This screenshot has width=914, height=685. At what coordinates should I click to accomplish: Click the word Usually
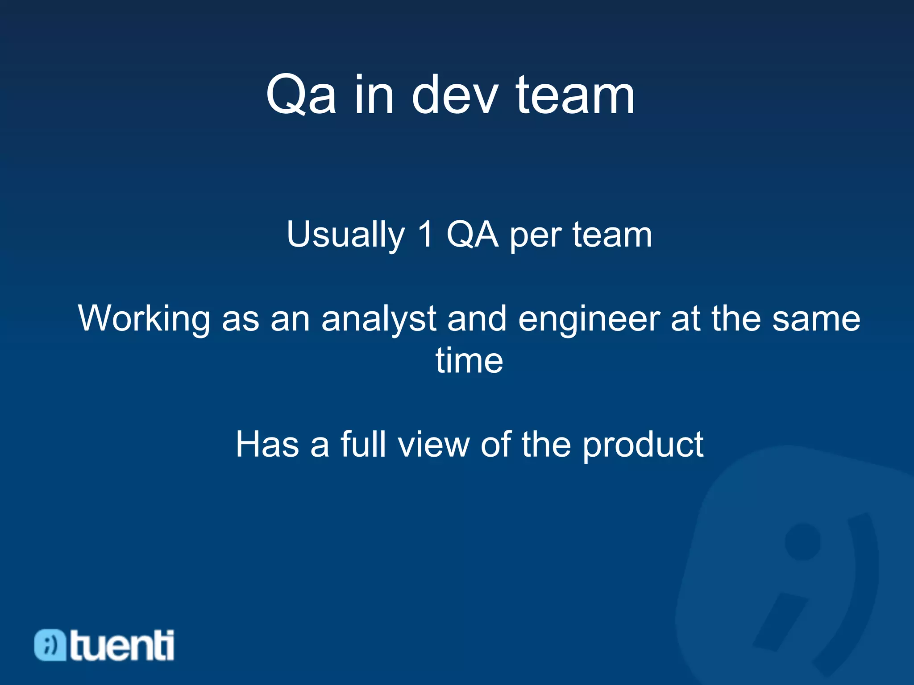click(345, 235)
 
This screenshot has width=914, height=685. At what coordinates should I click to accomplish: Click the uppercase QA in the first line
click(472, 235)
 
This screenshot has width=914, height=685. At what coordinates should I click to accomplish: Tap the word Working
click(144, 319)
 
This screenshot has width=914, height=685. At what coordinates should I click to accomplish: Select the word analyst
click(378, 319)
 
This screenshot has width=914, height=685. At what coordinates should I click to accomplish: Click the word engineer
click(589, 319)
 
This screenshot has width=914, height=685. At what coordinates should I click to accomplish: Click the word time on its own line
click(469, 360)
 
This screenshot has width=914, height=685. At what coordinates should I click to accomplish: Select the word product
click(643, 445)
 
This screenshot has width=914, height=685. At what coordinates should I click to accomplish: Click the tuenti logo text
click(122, 645)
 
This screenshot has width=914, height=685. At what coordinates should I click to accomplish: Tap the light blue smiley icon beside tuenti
click(50, 645)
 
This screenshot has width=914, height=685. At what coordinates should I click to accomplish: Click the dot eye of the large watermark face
click(802, 542)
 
